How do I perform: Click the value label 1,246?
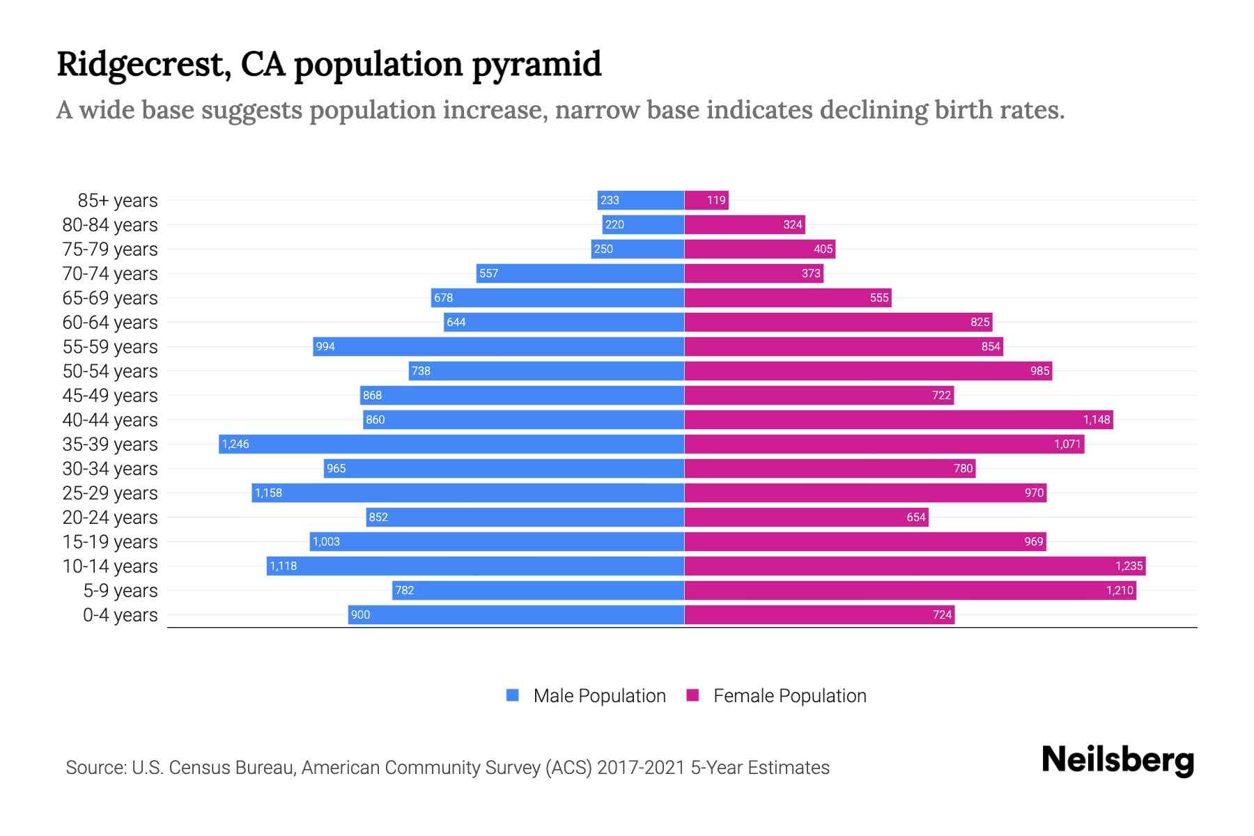coord(235,444)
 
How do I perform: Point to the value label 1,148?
coord(1096,419)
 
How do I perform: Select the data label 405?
coord(823,249)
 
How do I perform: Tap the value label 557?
coord(489,273)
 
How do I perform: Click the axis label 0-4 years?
coord(120,615)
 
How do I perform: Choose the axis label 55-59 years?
coord(110,347)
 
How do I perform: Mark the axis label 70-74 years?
coord(110,274)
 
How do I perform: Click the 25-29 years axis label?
coord(110,493)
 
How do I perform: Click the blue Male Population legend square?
coord(513,695)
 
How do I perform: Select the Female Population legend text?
coord(789,696)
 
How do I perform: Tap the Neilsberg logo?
coord(1117,760)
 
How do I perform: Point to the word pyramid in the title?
coord(536,64)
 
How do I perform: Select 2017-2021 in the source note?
coord(641,768)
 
